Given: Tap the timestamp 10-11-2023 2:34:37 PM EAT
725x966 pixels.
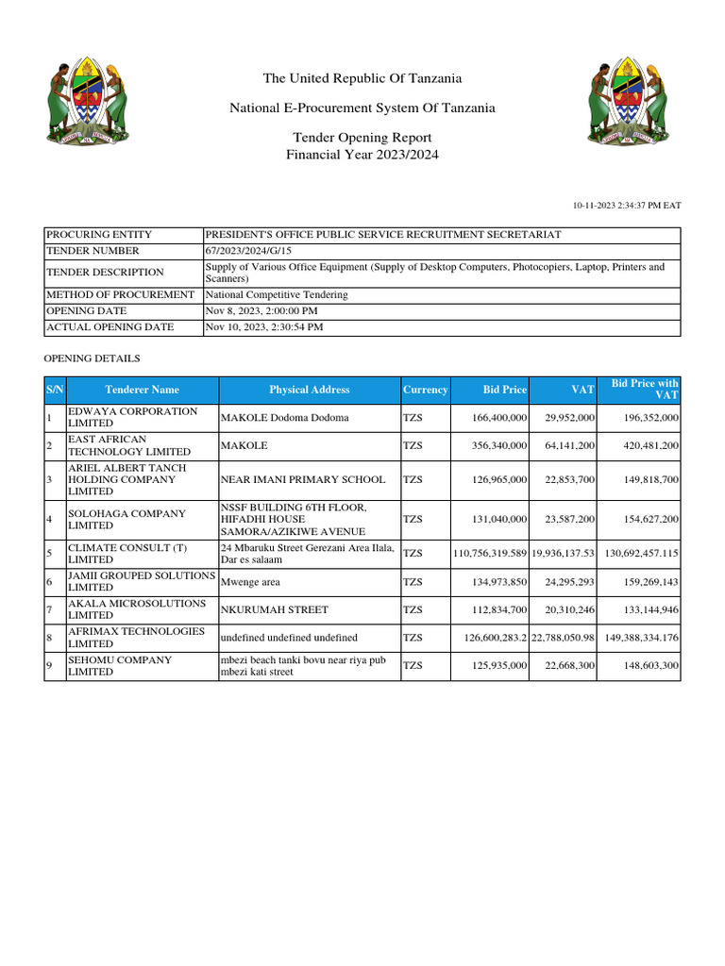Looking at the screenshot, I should point(627,205).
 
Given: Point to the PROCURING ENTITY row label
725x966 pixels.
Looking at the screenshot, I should point(99,234).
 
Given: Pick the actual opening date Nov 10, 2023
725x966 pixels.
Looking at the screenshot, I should point(263,326).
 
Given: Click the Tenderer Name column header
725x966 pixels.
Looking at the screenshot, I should point(142,390).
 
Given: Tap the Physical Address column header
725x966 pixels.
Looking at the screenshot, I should point(309,390).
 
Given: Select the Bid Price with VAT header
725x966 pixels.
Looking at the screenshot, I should point(645,390).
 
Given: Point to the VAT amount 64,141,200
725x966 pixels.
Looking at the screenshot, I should point(563,445).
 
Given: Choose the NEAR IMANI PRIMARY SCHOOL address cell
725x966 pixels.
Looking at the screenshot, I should point(302,480).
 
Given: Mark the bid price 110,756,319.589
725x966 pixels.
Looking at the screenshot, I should point(490,554).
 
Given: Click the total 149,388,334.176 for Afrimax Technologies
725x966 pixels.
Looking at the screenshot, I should point(641,638).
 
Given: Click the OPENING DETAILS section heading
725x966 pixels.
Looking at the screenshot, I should point(93,358).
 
